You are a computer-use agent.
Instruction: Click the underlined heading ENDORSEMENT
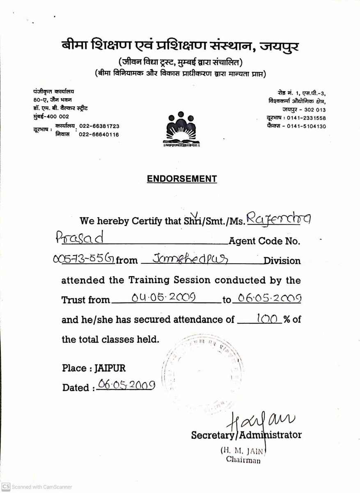182,179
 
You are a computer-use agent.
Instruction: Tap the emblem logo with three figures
181,129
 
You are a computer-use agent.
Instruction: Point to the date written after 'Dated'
126,386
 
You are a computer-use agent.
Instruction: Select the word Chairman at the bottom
243,460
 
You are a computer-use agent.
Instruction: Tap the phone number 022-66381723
99,126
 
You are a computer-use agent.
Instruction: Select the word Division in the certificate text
282,260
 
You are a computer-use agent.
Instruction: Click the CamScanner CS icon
6,486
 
